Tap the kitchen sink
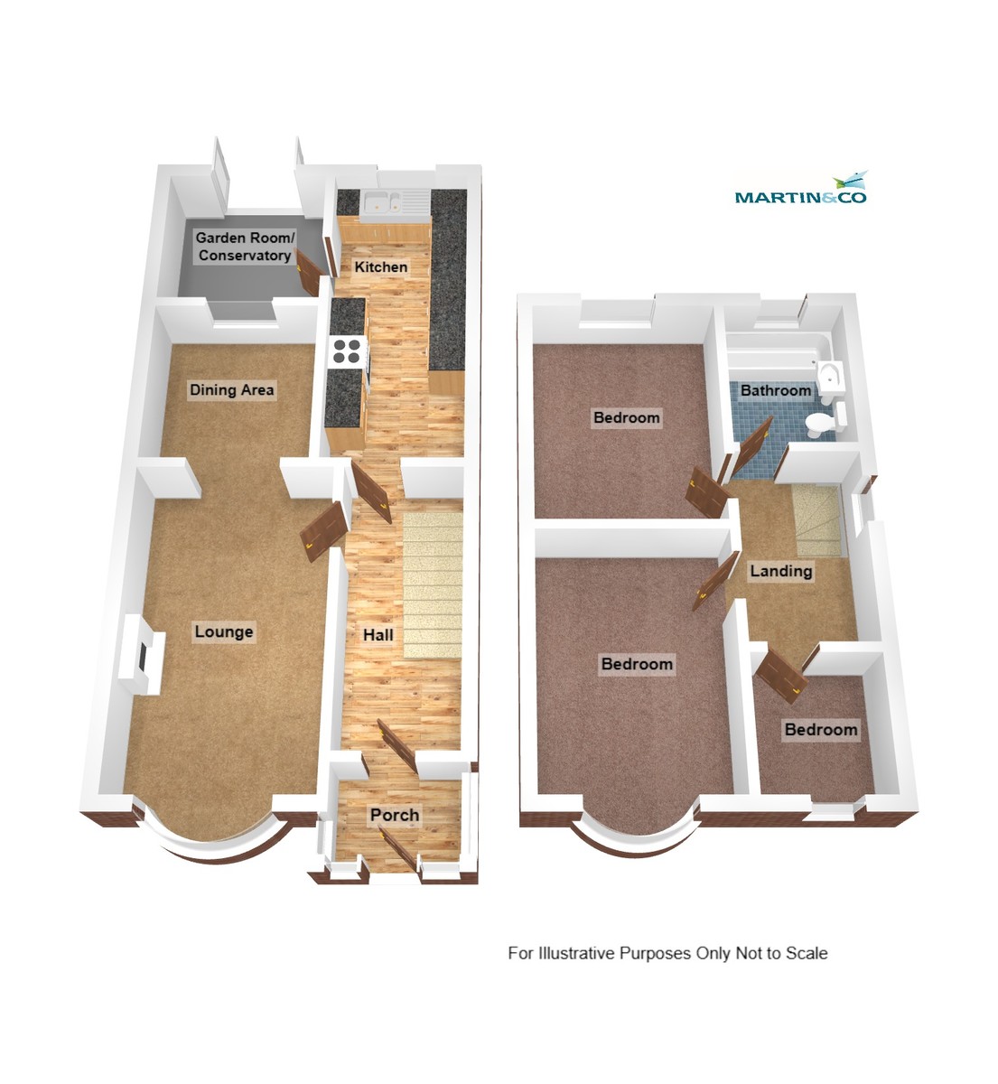click(385, 205)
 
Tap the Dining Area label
click(231, 390)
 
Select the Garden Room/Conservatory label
click(245, 247)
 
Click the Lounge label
click(224, 631)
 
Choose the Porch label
click(395, 815)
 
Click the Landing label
click(781, 571)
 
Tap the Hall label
click(378, 635)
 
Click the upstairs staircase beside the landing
click(817, 520)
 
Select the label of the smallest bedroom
click(820, 729)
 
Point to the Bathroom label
click(776, 390)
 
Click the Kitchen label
click(380, 267)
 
